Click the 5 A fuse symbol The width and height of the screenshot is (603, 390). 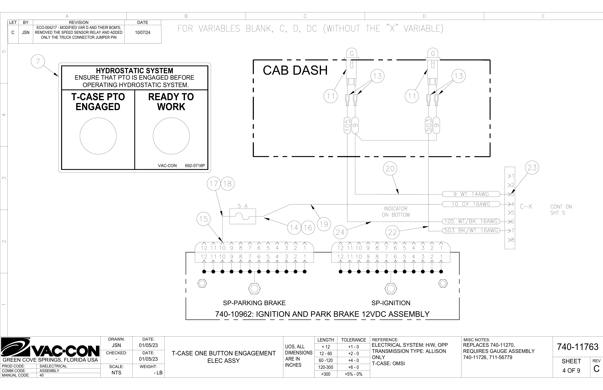tap(243, 216)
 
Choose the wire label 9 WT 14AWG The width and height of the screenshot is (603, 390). tap(471, 194)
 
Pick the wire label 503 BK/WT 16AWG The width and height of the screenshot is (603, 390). tap(471, 231)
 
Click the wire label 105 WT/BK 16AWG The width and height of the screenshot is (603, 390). tap(471, 221)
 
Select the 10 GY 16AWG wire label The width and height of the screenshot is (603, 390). tap(471, 204)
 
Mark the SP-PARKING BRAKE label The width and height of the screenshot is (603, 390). tap(254, 303)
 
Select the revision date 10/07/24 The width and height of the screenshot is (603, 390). tap(143, 32)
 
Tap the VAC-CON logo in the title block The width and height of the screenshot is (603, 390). tap(50, 348)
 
